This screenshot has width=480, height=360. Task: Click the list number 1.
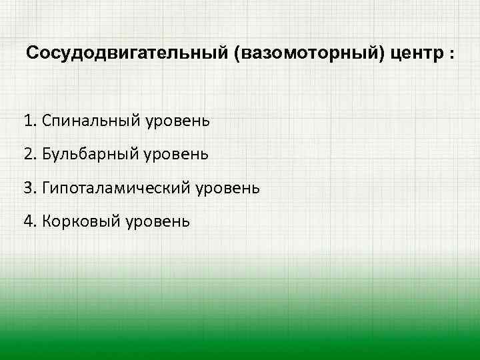point(27,121)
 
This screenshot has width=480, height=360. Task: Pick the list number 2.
point(27,154)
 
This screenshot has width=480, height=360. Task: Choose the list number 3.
point(27,187)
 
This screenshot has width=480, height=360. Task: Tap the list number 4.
point(27,221)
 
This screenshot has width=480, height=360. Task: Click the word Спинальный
point(87,121)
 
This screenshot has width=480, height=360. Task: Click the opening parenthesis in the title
point(237,53)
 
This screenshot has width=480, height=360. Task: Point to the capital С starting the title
point(31,53)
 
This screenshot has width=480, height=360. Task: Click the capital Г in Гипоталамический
point(45,187)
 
